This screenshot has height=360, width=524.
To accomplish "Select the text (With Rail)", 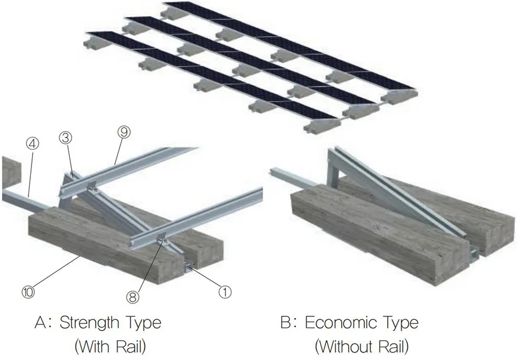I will (110, 347).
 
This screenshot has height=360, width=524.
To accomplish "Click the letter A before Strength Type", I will (38, 322).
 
